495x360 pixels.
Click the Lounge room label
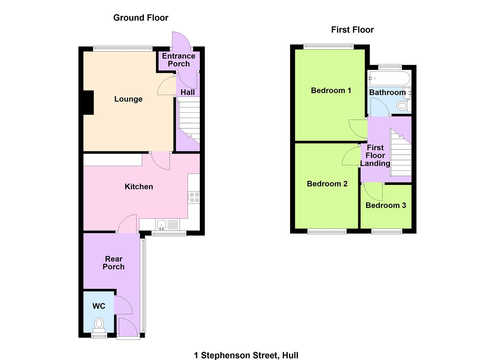128,99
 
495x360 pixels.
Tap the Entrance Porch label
179,60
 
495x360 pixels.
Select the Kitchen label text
139,187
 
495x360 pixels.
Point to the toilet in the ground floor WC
99,323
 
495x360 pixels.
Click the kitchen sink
162,224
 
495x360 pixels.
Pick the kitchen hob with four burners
194,197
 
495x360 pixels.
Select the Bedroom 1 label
331,90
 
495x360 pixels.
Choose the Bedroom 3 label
386,205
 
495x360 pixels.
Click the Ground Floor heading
141,18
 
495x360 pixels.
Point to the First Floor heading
352,30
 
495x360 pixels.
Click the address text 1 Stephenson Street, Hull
246,355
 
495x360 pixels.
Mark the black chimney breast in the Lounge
88,103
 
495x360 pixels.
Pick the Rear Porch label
114,263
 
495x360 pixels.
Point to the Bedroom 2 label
327,184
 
